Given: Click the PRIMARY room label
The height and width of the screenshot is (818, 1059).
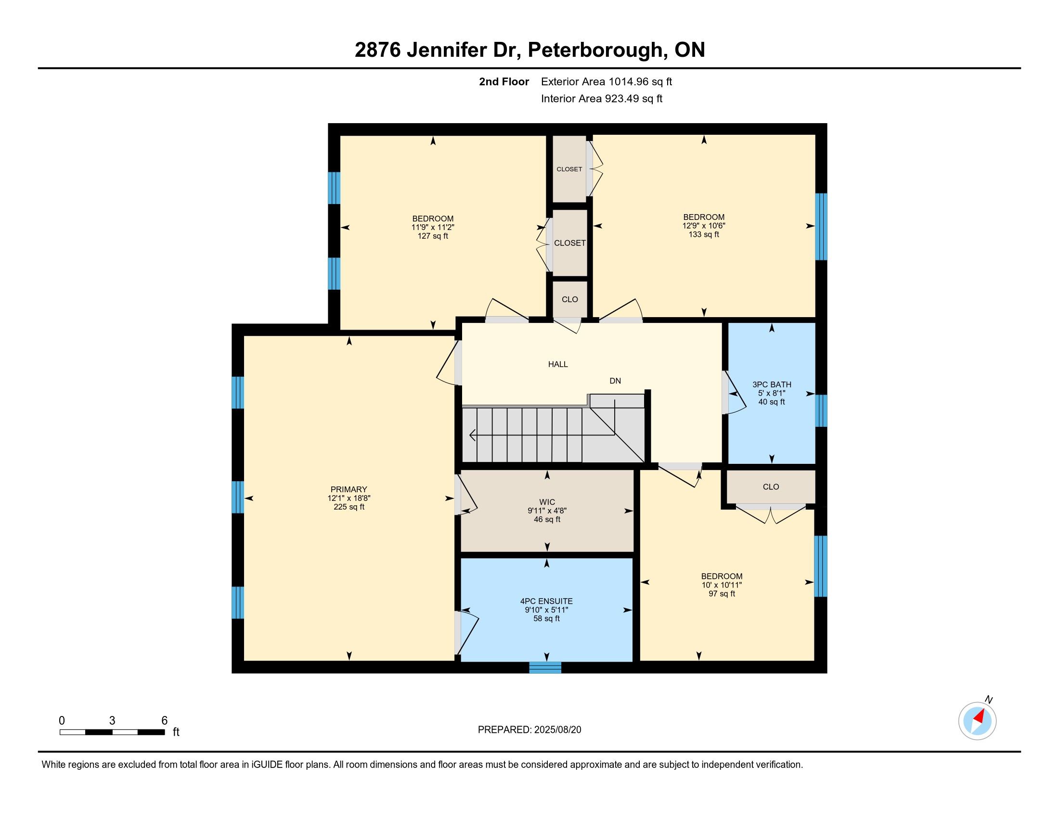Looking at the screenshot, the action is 349,489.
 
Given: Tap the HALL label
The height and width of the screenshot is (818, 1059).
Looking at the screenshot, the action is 557,364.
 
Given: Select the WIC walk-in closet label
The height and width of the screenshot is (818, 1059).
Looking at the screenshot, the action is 547,502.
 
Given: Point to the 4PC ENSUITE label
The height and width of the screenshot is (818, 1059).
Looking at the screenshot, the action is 546,601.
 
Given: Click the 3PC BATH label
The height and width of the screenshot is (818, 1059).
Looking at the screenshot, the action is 772,385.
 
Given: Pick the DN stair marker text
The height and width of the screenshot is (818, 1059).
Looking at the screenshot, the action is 615,381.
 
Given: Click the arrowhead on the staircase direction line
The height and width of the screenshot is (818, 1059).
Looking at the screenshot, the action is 472,435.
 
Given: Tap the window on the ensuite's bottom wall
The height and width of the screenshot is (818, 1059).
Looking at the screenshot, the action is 544,667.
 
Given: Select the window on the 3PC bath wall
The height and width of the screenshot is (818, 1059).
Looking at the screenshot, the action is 821,410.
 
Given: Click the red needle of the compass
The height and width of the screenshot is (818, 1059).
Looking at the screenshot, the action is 981,716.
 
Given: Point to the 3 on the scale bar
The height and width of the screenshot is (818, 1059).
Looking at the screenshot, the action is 112,721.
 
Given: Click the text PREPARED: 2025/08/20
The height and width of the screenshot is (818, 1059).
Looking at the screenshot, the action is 529,730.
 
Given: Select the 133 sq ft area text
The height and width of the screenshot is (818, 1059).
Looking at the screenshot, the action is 704,234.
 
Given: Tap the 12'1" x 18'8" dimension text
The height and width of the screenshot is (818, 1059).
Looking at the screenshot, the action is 349,498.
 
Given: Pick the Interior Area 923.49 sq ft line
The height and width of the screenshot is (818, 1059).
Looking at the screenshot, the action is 602,99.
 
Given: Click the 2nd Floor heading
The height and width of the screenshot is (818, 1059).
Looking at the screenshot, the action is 504,82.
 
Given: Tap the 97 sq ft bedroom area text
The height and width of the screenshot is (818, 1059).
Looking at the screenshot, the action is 722,594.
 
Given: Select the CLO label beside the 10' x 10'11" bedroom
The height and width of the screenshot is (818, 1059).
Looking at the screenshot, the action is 771,487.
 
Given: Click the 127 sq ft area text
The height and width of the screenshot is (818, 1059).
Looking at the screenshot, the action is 433,236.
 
